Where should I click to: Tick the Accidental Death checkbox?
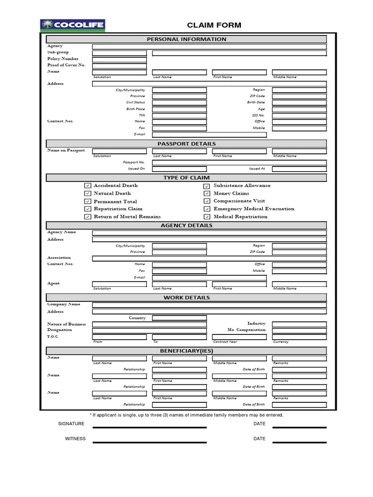87,185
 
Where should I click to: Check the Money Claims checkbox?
207,194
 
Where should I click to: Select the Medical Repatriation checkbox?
207,217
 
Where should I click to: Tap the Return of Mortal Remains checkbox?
87,217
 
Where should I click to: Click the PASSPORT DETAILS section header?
186,144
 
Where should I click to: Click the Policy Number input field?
119,59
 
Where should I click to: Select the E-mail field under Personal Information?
209,134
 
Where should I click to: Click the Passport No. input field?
239,163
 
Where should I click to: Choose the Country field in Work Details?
179,318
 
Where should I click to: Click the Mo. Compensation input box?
299,330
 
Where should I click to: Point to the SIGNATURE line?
150,427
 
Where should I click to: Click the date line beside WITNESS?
299,442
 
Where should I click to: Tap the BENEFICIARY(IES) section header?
186,351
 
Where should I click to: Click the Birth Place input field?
179,109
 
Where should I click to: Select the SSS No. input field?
299,116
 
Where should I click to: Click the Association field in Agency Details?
209,259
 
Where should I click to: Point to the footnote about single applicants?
186,415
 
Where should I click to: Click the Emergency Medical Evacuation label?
254,209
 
